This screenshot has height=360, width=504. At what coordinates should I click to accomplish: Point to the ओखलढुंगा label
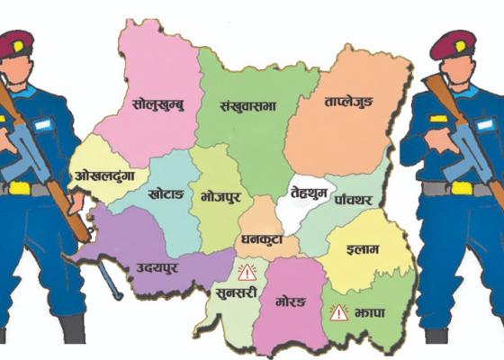click(105, 175)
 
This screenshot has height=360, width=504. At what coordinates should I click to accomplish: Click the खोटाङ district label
click(168, 193)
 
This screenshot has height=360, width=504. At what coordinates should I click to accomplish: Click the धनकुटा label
click(261, 240)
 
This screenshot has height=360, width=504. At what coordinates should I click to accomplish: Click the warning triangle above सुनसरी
click(246, 271)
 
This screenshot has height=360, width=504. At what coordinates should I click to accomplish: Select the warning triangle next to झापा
click(339, 312)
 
